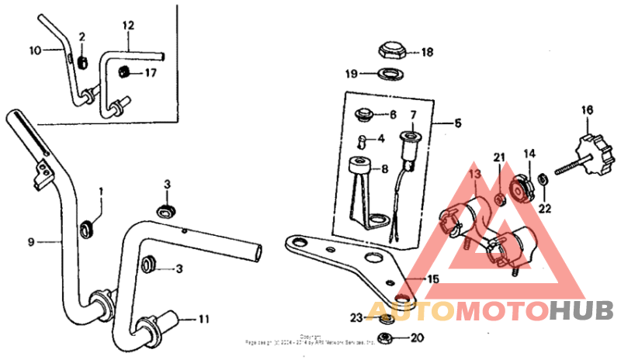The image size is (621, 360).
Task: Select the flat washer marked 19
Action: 388,74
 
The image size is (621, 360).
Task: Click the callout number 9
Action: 31,242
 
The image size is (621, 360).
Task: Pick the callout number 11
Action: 204,318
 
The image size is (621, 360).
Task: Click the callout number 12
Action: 129,25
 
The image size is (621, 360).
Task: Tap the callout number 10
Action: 35,50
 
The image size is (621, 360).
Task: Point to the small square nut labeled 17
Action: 122,73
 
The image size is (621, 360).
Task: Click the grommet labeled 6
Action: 363,116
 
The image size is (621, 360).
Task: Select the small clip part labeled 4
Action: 361,140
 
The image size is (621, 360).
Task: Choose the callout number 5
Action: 458,123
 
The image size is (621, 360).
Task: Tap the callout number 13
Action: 474,176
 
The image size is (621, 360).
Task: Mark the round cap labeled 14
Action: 523,185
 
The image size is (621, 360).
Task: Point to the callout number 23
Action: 356,317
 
